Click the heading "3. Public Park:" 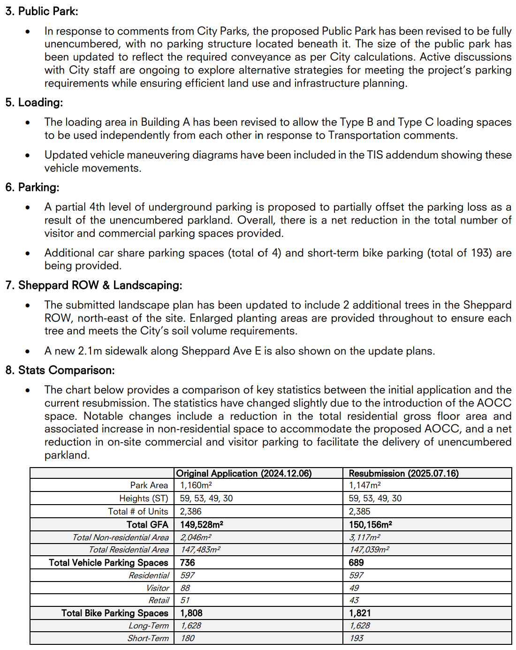click(42, 11)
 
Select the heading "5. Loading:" click(34, 103)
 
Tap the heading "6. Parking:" click(32, 188)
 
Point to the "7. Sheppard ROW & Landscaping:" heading click(94, 286)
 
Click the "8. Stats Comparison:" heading click(60, 370)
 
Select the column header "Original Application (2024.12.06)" click(244, 473)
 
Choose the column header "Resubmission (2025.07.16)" click(403, 473)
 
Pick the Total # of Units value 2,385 click(359, 512)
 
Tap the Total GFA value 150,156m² click(371, 525)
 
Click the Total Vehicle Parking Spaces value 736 click(188, 563)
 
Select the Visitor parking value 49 click(354, 588)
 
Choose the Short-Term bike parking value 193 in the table click(357, 638)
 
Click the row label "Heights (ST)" click(144, 499)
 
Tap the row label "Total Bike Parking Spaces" click(114, 613)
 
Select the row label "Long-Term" click(148, 626)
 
